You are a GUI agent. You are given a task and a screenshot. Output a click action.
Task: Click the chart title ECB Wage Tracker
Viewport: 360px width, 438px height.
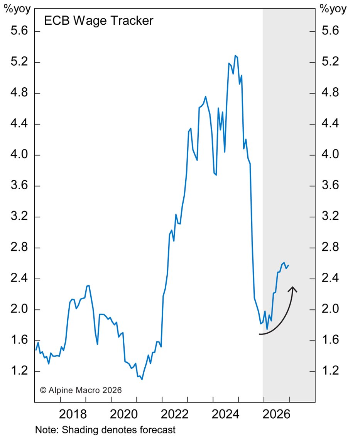(98, 20)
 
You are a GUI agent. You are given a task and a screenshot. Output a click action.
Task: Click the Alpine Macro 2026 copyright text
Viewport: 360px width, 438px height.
(81, 390)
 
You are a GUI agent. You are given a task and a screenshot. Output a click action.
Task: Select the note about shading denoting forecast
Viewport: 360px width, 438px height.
(105, 430)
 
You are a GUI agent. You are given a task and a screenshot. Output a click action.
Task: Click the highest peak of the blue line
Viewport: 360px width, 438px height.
(235, 56)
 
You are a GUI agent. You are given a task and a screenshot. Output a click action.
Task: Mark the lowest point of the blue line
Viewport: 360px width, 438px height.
(142, 379)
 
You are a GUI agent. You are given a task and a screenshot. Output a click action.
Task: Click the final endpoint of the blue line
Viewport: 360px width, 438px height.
(289, 265)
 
